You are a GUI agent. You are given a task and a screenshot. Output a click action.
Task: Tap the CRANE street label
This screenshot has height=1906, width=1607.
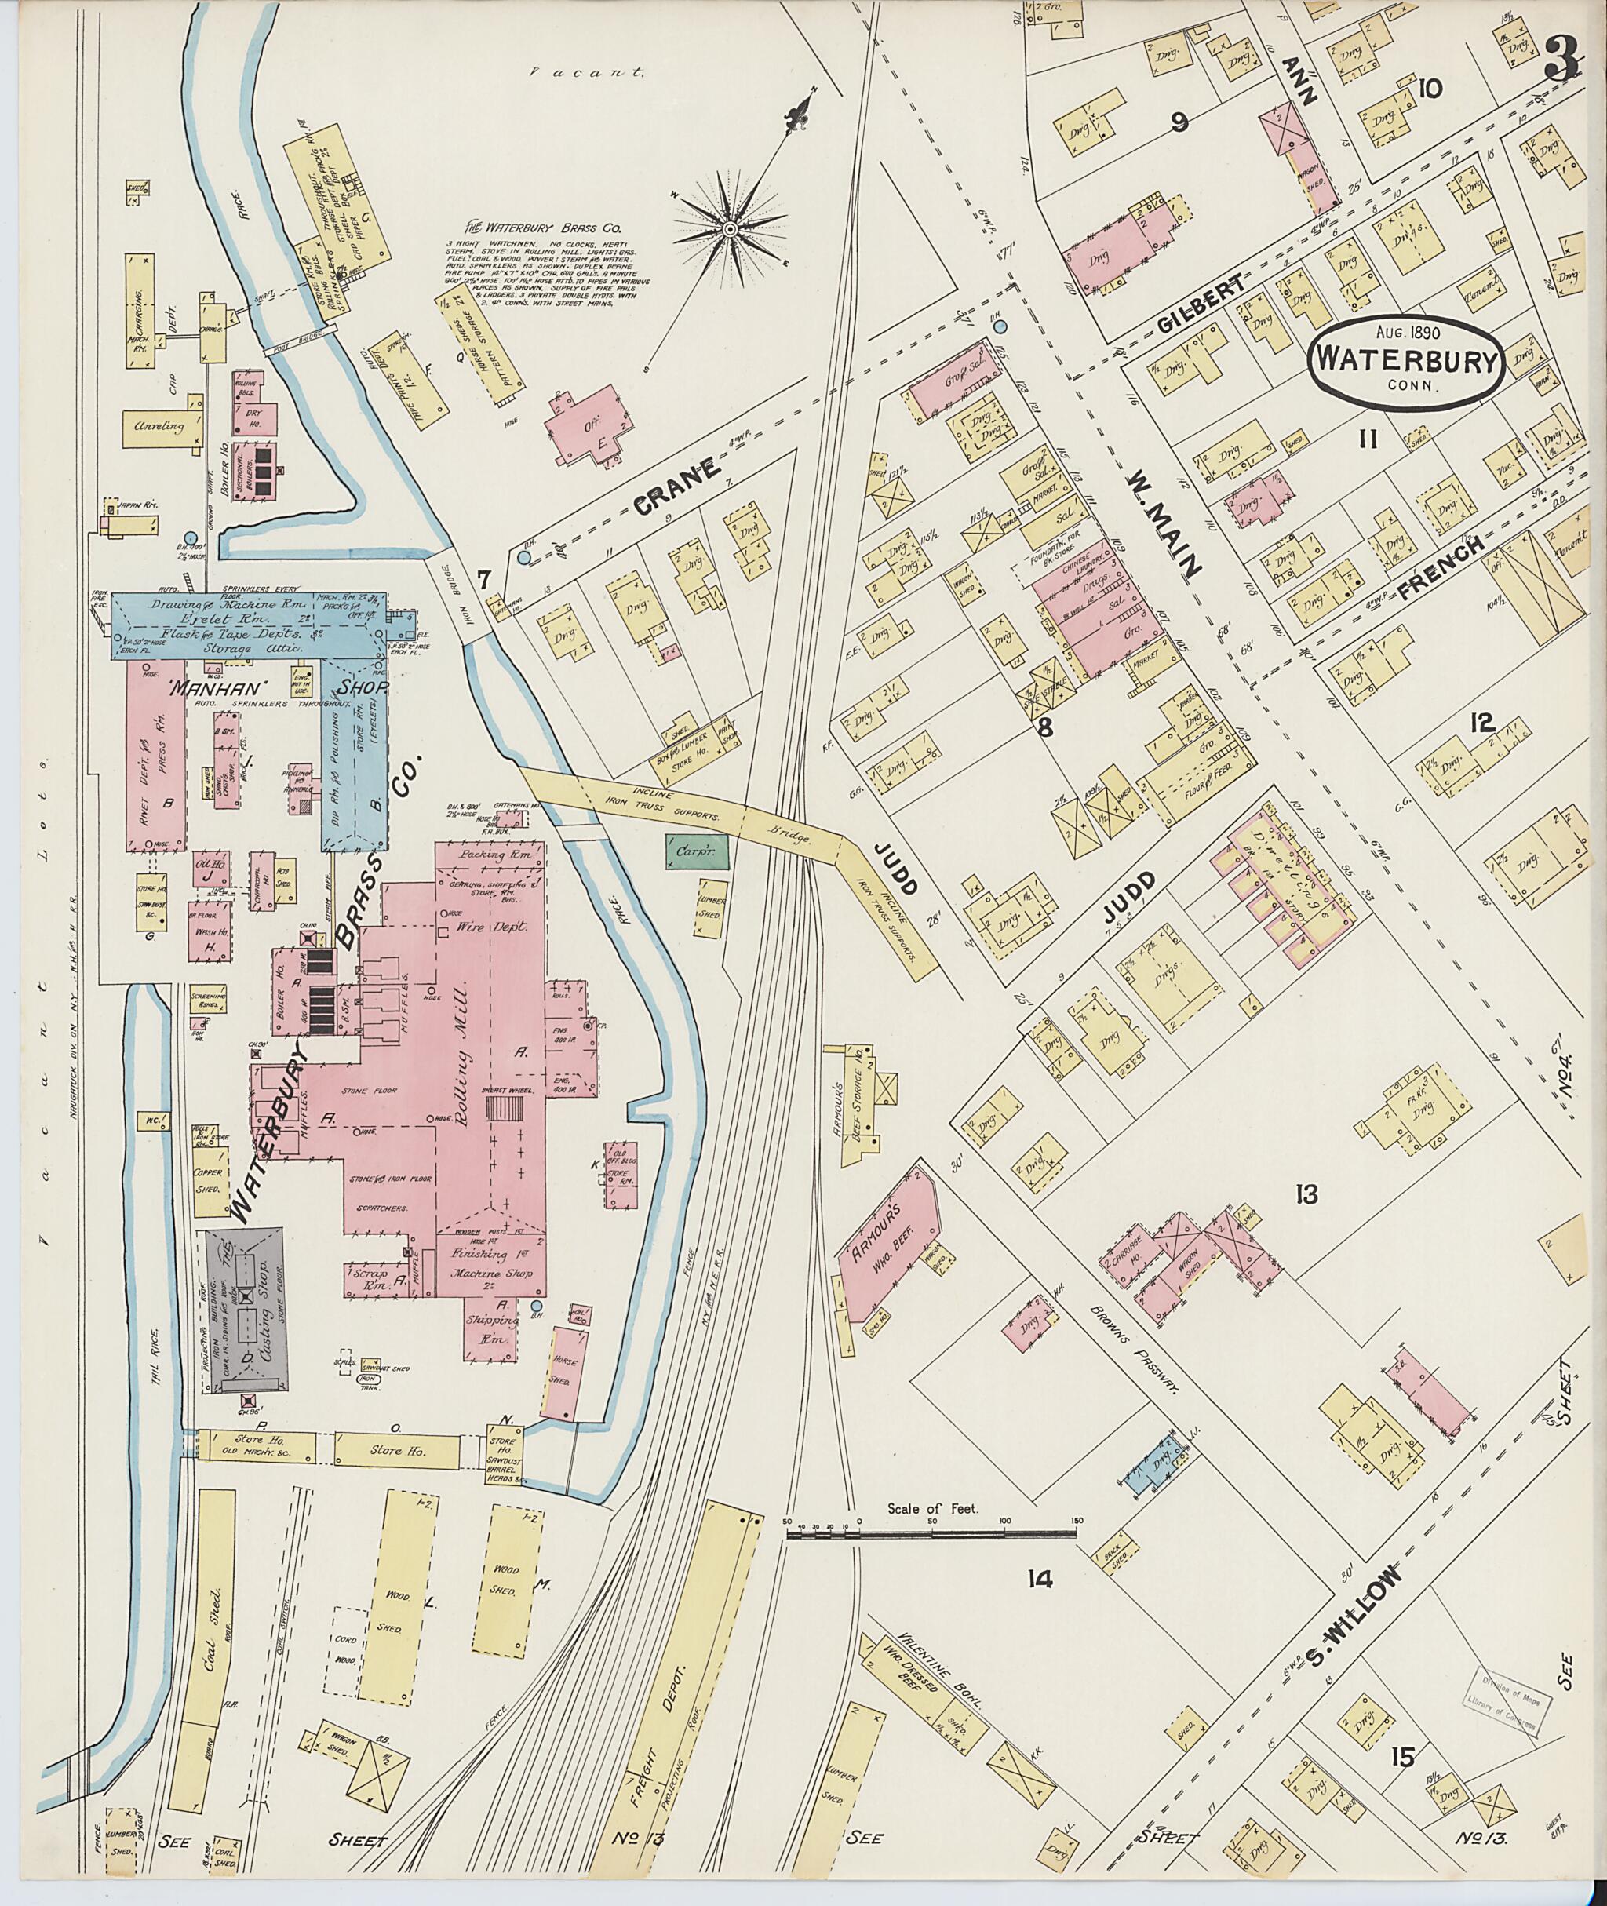coord(677,486)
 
